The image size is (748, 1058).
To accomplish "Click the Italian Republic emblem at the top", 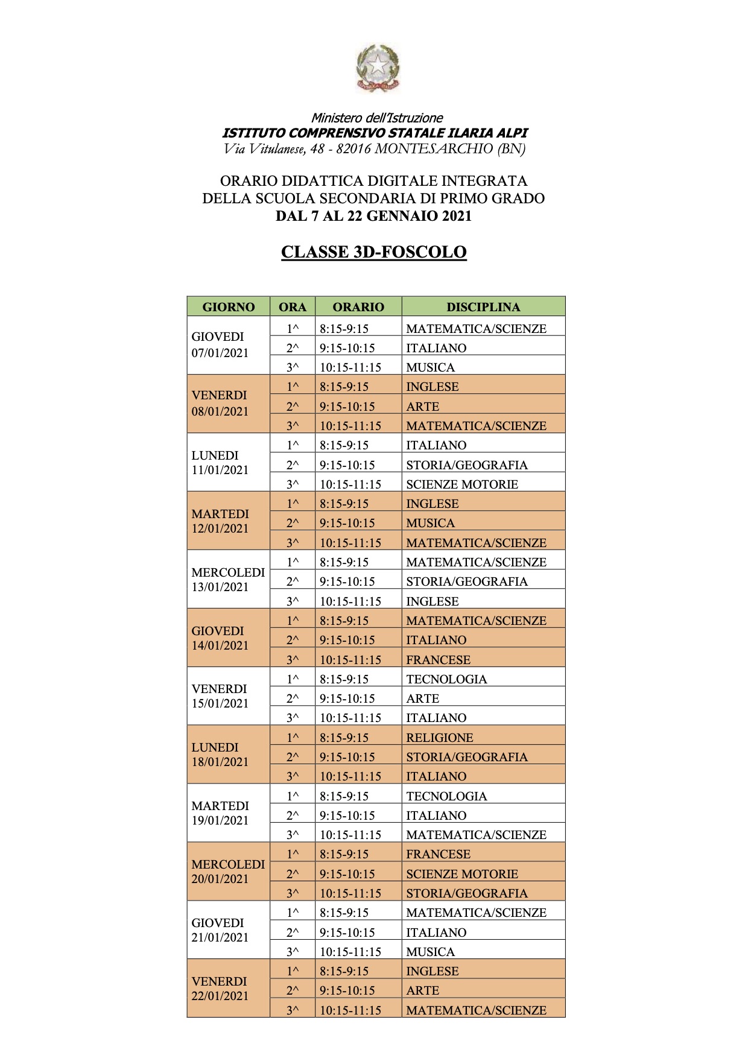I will tap(377, 68).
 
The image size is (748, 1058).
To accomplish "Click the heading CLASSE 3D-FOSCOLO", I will tap(374, 252).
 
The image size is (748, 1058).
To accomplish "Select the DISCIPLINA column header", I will tap(483, 306).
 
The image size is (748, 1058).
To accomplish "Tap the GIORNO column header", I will tap(228, 306).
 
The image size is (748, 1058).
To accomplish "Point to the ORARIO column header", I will tap(358, 306).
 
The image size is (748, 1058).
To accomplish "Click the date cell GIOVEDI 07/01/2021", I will tap(220, 344).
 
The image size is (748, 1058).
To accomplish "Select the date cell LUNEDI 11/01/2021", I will tap(220, 463).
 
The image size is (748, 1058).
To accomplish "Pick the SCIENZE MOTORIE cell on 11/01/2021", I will tap(462, 484).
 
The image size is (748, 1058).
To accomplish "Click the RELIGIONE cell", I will tap(440, 737).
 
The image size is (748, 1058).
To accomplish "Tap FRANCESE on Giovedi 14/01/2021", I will tap(438, 659).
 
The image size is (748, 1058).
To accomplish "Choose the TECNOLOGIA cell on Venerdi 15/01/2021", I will tap(446, 679).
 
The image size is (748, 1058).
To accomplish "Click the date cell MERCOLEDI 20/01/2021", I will tap(228, 871).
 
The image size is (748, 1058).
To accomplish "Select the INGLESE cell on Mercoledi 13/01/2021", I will tap(433, 601).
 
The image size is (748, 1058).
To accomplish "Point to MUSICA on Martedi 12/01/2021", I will tap(430, 523).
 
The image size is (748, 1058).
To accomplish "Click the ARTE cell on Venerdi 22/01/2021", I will tap(423, 990).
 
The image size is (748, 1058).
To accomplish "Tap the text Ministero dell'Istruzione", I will tap(377, 118).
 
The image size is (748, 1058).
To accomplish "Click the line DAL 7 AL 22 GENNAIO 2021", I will tap(373, 215).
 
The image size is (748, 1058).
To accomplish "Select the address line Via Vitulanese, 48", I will tap(374, 148).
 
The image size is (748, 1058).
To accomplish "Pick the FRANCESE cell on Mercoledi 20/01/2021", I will tap(438, 854).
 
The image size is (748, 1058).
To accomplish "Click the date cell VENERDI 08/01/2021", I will tap(220, 403).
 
